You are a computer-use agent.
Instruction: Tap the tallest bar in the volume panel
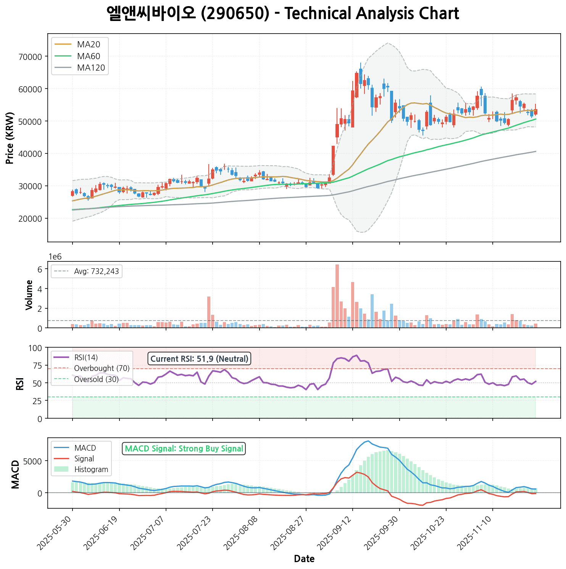point(337,296)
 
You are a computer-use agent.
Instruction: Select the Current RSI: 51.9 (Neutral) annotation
point(199,359)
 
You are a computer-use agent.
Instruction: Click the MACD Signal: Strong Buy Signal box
point(184,448)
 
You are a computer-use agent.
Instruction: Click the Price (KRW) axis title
point(10,138)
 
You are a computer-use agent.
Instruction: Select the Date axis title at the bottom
point(304,559)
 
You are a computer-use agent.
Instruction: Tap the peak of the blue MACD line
point(368,441)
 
